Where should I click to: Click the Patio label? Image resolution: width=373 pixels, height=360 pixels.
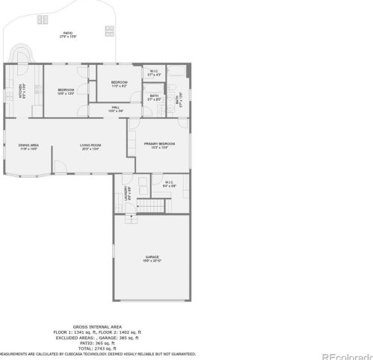point(69,34)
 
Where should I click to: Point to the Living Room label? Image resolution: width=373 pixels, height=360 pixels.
point(90,147)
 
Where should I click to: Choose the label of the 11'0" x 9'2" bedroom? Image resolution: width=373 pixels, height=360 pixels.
point(119,84)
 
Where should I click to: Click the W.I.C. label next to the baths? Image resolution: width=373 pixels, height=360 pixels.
point(154,73)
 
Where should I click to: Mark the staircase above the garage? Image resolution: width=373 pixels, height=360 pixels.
point(155,207)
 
